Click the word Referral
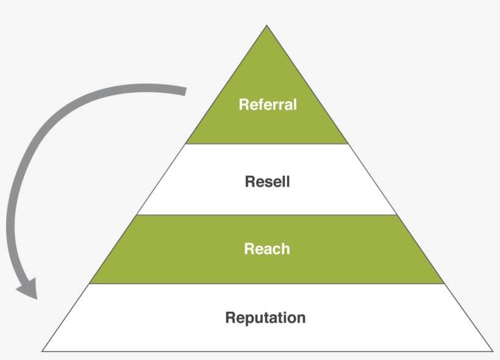click(x=267, y=104)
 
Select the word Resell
click(x=267, y=181)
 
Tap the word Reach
click(x=267, y=249)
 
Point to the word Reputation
click(x=265, y=318)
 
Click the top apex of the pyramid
click(x=266, y=26)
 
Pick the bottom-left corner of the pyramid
click(x=43, y=351)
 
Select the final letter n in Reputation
click(x=301, y=318)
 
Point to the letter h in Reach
click(x=285, y=249)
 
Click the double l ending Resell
click(x=286, y=181)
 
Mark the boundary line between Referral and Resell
click(x=266, y=144)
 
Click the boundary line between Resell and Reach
click(x=266, y=215)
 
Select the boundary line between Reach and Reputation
click(x=266, y=284)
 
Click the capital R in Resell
click(x=249, y=181)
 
